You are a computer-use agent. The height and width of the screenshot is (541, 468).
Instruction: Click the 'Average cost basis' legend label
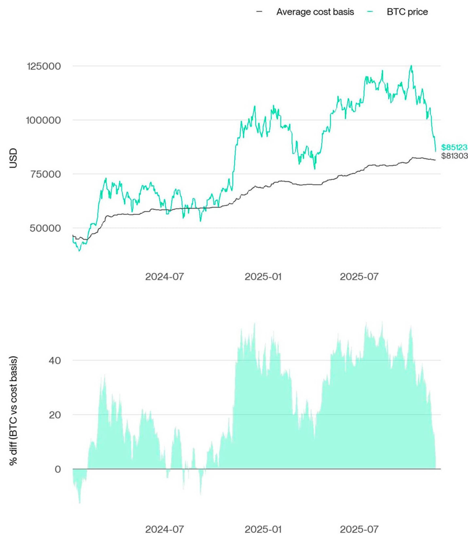315,12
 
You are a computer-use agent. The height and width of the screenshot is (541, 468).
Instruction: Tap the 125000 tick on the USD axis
44,66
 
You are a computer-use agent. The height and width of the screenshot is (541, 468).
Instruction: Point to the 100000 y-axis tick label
43,120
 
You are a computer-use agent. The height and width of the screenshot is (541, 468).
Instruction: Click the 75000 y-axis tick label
46,174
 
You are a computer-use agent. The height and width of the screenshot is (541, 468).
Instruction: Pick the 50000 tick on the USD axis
45,228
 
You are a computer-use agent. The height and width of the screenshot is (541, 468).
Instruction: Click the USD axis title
13,158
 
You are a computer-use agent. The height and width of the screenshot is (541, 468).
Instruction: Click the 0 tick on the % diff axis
58,469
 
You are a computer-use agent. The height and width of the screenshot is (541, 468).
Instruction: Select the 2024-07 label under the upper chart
164,277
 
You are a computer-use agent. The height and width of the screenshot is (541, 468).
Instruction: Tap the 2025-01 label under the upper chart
263,277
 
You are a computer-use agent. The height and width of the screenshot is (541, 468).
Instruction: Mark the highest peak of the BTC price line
411,66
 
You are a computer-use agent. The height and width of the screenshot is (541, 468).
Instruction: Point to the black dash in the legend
259,12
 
